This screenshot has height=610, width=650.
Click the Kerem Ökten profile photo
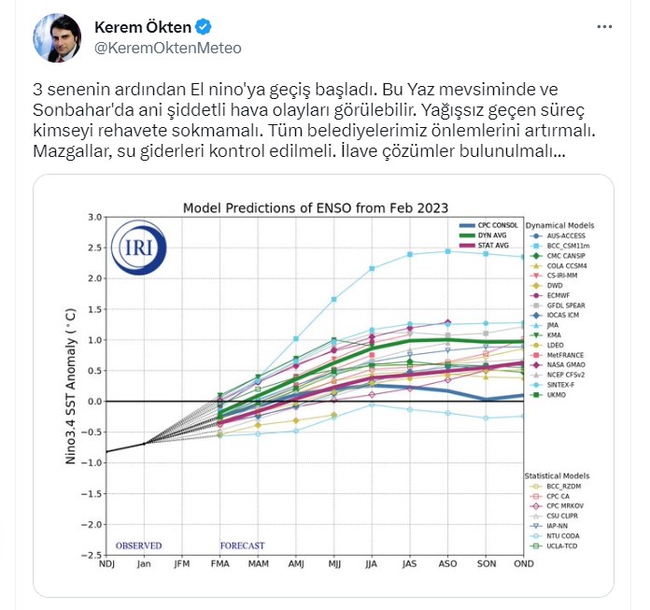point(58,38)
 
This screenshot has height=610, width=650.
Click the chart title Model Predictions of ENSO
point(315,207)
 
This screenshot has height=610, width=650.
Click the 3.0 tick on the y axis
point(93,218)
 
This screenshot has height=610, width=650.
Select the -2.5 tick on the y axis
point(92,556)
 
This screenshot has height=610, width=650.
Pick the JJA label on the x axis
point(371,564)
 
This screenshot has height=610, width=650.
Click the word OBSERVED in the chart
point(138,546)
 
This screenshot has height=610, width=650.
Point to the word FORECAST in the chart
point(242,546)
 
